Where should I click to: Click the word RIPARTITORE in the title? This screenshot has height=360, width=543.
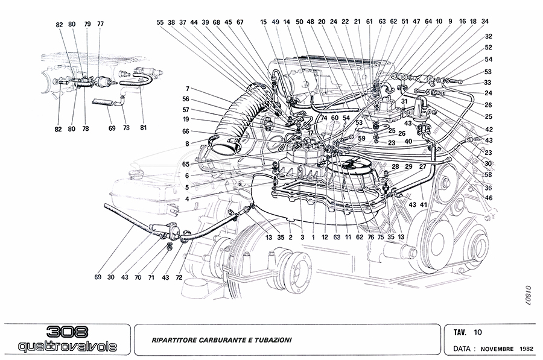pos(174,340)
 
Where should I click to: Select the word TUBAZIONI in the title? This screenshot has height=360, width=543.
pos(273,340)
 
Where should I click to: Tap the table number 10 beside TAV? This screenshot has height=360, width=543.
pos(478,332)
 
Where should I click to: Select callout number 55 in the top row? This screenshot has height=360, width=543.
pos(160,22)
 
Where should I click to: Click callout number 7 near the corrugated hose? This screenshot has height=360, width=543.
pos(188,89)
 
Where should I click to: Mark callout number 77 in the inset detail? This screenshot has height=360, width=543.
pos(100,24)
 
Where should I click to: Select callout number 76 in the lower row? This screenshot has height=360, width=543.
pos(370,238)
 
